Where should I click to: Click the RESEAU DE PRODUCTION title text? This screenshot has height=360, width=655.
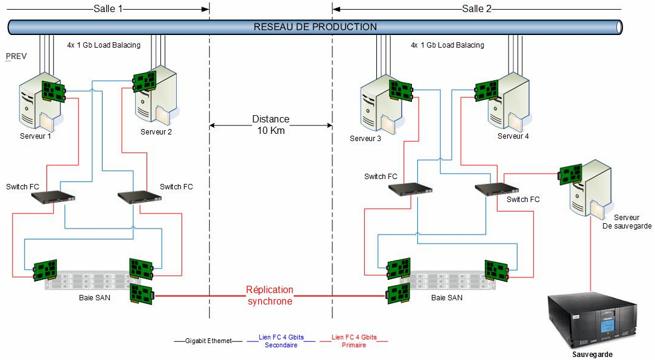pyautogui.click(x=315, y=27)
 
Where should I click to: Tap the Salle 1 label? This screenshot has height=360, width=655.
pyautogui.click(x=108, y=9)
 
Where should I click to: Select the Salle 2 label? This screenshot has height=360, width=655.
pyautogui.click(x=476, y=9)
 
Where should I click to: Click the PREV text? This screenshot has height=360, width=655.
pyautogui.click(x=16, y=56)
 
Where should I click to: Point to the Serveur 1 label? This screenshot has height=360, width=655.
pyautogui.click(x=36, y=136)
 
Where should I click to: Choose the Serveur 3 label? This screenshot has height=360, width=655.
pyautogui.click(x=365, y=139)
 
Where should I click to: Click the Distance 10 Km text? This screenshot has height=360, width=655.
pyautogui.click(x=271, y=125)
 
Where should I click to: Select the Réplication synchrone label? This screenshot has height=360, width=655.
pyautogui.click(x=270, y=295)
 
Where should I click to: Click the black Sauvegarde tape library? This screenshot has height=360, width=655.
pyautogui.click(x=592, y=321)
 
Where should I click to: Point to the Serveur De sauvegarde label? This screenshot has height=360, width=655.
pyautogui.click(x=627, y=222)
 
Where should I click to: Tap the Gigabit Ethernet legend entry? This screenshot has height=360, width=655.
pyautogui.click(x=209, y=341)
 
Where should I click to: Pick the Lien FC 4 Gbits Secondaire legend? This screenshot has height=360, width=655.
pyautogui.click(x=281, y=341)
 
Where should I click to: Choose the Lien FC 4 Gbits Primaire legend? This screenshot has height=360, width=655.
pyautogui.click(x=354, y=341)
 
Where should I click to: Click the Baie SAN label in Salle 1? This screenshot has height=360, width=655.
pyautogui.click(x=95, y=298)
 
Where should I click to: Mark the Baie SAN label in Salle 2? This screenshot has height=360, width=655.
pyautogui.click(x=447, y=298)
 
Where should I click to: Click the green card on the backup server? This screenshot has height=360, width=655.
pyautogui.click(x=571, y=174)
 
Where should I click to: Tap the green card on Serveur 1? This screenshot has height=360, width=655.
pyautogui.click(x=54, y=91)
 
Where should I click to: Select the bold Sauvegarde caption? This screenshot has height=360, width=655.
pyautogui.click(x=592, y=355)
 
